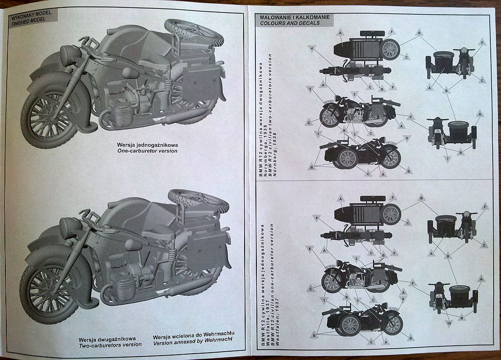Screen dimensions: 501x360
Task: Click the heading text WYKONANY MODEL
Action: point(30,15)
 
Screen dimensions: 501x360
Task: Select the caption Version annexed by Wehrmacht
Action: point(192,344)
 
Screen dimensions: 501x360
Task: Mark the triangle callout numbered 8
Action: point(309,248)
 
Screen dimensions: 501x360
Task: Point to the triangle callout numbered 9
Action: point(402,298)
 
